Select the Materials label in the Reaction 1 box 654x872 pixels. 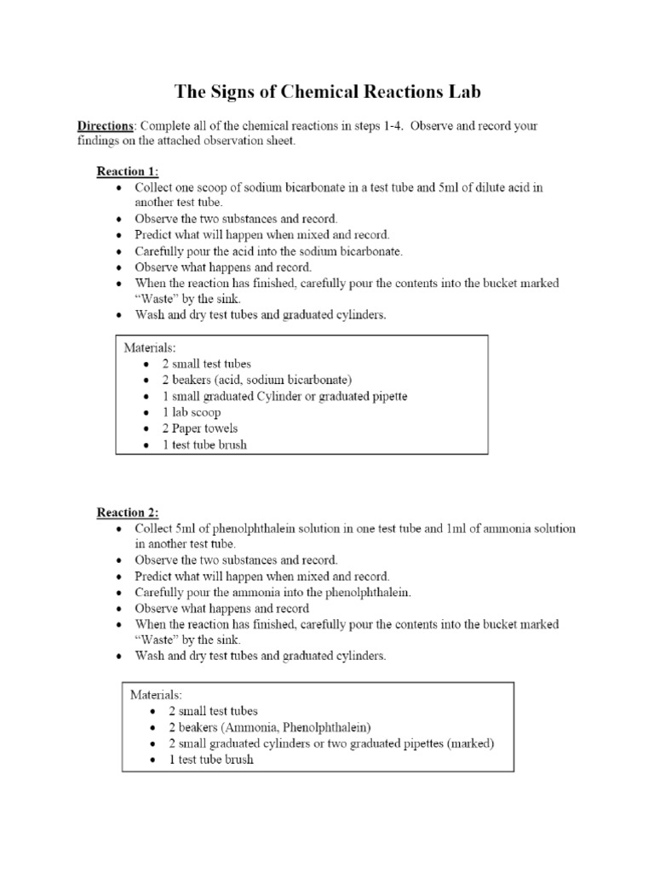click(x=151, y=347)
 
